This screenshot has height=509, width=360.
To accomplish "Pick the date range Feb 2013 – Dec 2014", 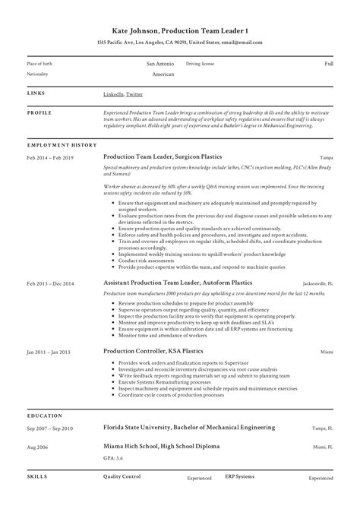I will pos(51,283).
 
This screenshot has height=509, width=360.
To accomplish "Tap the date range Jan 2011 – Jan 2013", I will pos(49,352).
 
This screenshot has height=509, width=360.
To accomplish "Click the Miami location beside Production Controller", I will pos(327,353).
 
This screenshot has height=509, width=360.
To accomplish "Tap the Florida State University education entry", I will pos(189,428).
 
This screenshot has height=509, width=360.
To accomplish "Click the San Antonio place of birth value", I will pos(160,64).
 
